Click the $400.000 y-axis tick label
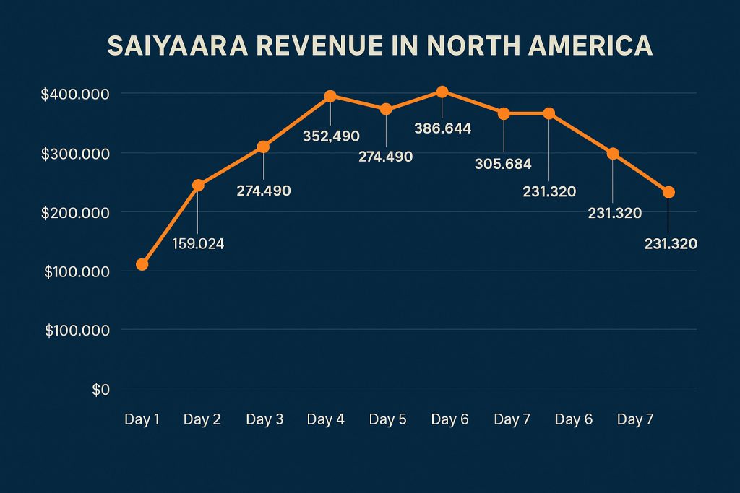(x=76, y=95)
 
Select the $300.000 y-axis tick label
(x=76, y=154)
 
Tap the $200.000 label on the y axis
(x=76, y=213)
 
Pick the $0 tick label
(x=100, y=390)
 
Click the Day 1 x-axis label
(x=142, y=419)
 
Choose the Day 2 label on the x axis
(x=202, y=419)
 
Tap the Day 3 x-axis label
(x=264, y=419)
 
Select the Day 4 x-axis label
(x=325, y=419)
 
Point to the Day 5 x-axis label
(x=387, y=419)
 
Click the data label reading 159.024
(x=198, y=244)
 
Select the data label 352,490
(x=331, y=136)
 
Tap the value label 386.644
(x=442, y=128)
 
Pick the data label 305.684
(x=503, y=164)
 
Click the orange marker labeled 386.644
(x=442, y=92)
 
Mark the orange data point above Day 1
(x=142, y=264)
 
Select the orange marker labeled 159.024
(x=198, y=185)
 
